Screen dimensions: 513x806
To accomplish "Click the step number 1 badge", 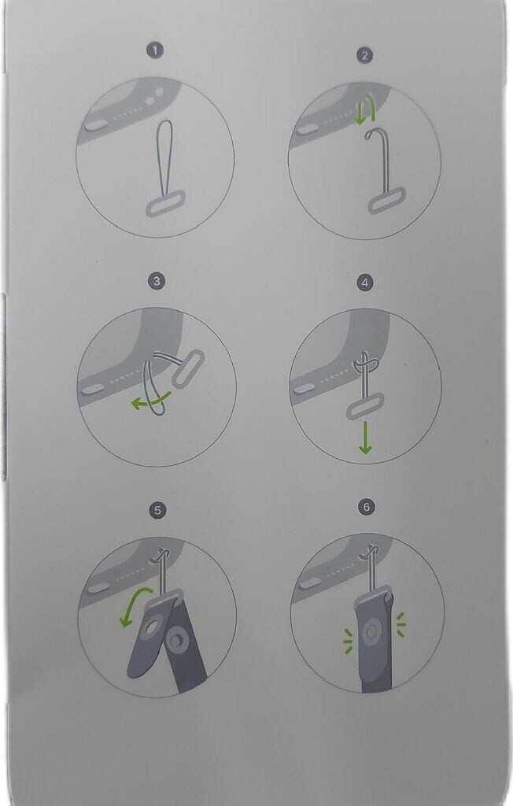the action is click(155, 50).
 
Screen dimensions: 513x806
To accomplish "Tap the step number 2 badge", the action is click(364, 56).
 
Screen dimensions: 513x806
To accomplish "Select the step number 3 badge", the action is click(157, 281).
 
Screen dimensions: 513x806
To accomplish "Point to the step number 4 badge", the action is click(365, 283).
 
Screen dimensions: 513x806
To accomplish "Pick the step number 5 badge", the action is click(157, 510).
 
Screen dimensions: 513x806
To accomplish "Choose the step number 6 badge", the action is click(366, 507).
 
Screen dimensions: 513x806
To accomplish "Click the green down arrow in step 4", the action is click(365, 438).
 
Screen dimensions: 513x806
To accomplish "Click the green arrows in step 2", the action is click(366, 112).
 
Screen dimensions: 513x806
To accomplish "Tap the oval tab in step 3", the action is click(187, 368).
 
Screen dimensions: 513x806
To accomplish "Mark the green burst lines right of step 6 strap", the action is click(400, 624).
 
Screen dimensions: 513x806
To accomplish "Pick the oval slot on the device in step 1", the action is click(94, 125).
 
